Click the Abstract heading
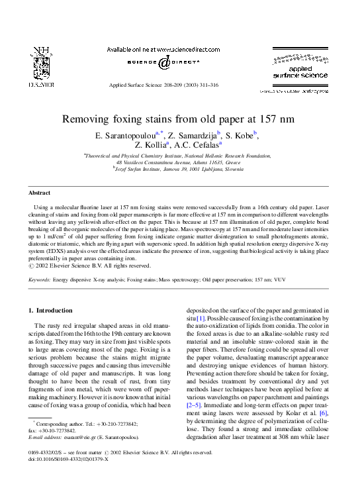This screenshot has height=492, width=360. pos(39,193)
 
